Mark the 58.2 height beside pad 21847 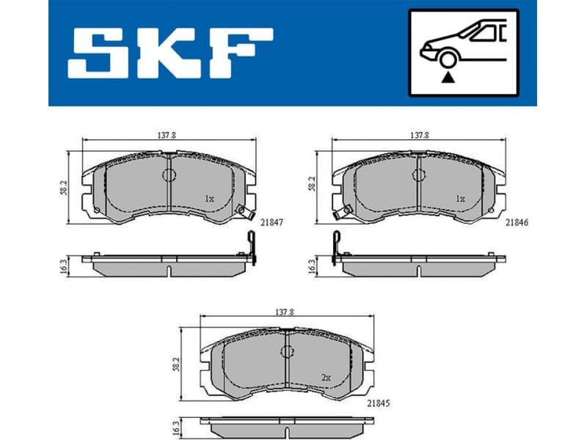(x=65, y=187)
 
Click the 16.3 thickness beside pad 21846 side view (x=311, y=266)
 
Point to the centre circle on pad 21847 (x=169, y=175)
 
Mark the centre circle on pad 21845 (x=285, y=351)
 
